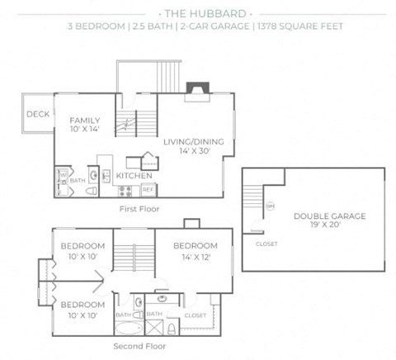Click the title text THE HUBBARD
coord(199,14)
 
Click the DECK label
coord(36,115)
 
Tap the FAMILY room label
coord(85,121)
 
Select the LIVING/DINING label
coord(194,141)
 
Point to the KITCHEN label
coord(132,176)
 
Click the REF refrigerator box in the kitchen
coord(148,189)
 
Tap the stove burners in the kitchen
coord(126,190)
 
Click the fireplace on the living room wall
coord(196,88)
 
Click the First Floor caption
coord(139,210)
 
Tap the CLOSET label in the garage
coord(266,244)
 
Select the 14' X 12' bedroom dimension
coord(195,257)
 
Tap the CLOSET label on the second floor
coord(196,315)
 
